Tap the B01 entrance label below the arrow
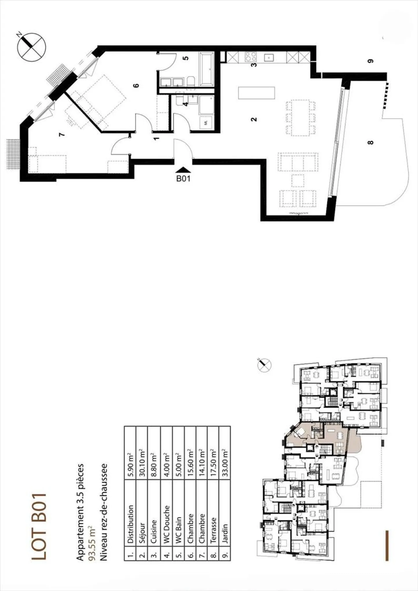point(183,178)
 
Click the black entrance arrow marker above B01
point(183,170)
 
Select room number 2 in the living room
point(254,119)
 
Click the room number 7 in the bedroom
point(61,135)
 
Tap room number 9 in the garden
point(370,61)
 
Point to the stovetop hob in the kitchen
point(251,57)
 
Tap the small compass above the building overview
point(264,365)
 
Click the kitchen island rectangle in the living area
point(256,93)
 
